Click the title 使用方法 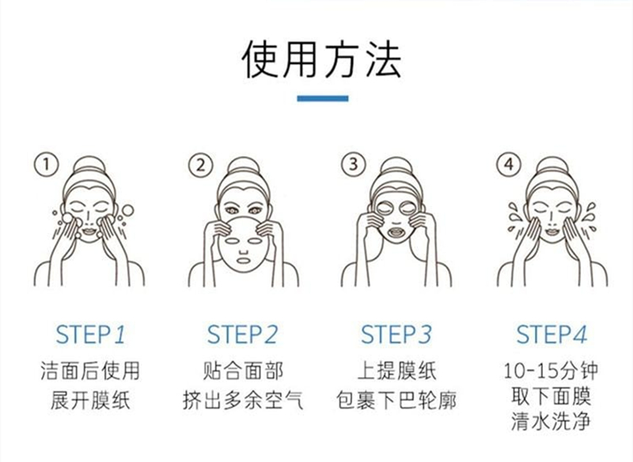pyautogui.click(x=322, y=59)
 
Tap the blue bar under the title pyautogui.click(x=323, y=98)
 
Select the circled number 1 pyautogui.click(x=47, y=164)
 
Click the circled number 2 pyautogui.click(x=201, y=165)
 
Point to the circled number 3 pyautogui.click(x=354, y=164)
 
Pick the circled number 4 pyautogui.click(x=509, y=164)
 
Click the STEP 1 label pyautogui.click(x=90, y=335)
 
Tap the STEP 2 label pyautogui.click(x=243, y=335)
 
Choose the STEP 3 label pyautogui.click(x=396, y=335)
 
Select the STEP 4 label pyautogui.click(x=552, y=335)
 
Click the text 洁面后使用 pyautogui.click(x=90, y=371)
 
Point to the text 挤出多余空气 pyautogui.click(x=243, y=400)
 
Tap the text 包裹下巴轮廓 pyautogui.click(x=396, y=400)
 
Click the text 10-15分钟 pyautogui.click(x=551, y=371)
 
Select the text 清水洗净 pyautogui.click(x=551, y=421)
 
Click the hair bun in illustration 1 pyautogui.click(x=89, y=166)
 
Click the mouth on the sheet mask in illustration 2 pyautogui.click(x=243, y=259)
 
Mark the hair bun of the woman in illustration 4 pyautogui.click(x=552, y=166)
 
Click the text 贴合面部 pyautogui.click(x=243, y=371)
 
